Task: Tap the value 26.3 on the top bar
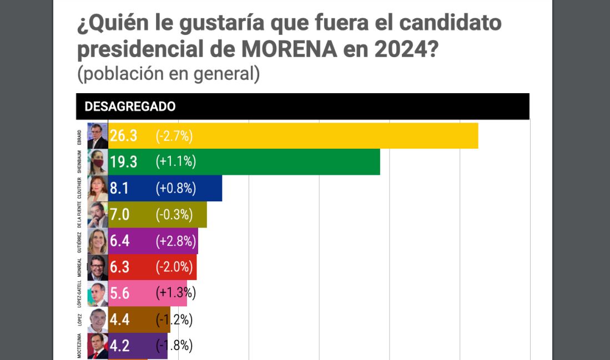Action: coord(123,135)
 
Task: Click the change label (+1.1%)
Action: coord(175,161)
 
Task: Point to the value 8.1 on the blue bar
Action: coord(119,188)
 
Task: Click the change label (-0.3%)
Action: coord(174,214)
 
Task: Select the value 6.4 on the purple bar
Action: coord(119,241)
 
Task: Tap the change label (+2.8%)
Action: coord(175,241)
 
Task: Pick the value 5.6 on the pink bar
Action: coord(119,293)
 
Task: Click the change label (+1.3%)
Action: coord(175,293)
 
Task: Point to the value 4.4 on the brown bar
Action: coord(119,320)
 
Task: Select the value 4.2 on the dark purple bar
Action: coord(119,346)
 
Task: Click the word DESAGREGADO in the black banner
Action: coord(130,107)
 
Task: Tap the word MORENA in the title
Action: coord(289,49)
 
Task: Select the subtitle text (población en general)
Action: coord(168,74)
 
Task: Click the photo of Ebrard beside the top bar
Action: coord(97,135)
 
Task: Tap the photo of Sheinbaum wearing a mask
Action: coord(97,161)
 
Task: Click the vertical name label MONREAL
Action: coord(80,267)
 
